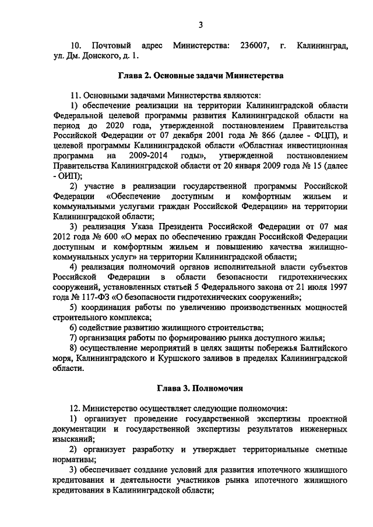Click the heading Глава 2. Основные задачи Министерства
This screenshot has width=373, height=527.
pyautogui.click(x=201, y=76)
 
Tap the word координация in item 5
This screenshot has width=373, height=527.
pyautogui.click(x=107, y=307)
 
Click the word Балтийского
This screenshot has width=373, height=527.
pyautogui.click(x=323, y=348)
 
